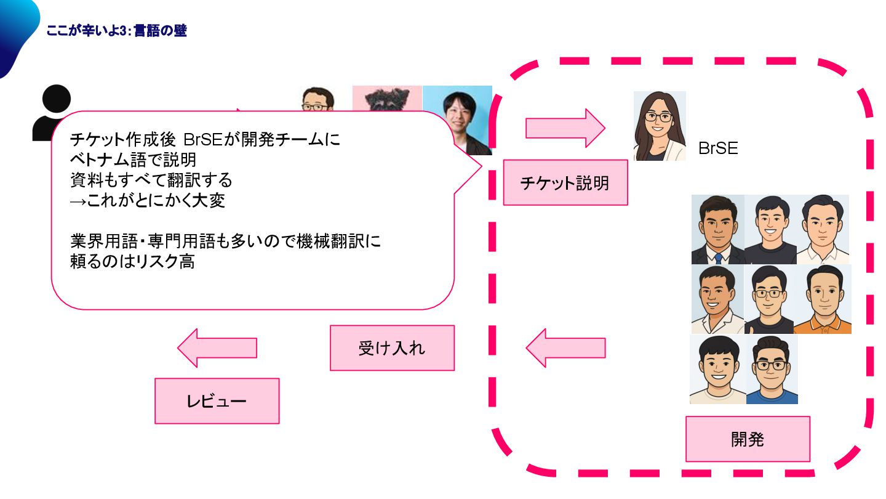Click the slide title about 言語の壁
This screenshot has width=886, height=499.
116,31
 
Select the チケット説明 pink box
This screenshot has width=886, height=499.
565,182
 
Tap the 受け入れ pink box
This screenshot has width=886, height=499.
392,348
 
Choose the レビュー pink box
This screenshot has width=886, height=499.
217,401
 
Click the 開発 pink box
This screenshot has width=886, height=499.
748,439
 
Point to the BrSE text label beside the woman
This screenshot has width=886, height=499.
718,148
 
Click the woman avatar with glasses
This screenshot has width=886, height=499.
660,126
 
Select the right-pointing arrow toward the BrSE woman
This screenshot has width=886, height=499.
565,128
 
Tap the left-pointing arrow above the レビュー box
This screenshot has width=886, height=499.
217,348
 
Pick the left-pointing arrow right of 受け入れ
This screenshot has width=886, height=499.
565,348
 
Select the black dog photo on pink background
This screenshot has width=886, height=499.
386,99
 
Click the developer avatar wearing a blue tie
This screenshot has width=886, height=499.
717,230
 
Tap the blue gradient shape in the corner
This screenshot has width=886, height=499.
15,31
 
